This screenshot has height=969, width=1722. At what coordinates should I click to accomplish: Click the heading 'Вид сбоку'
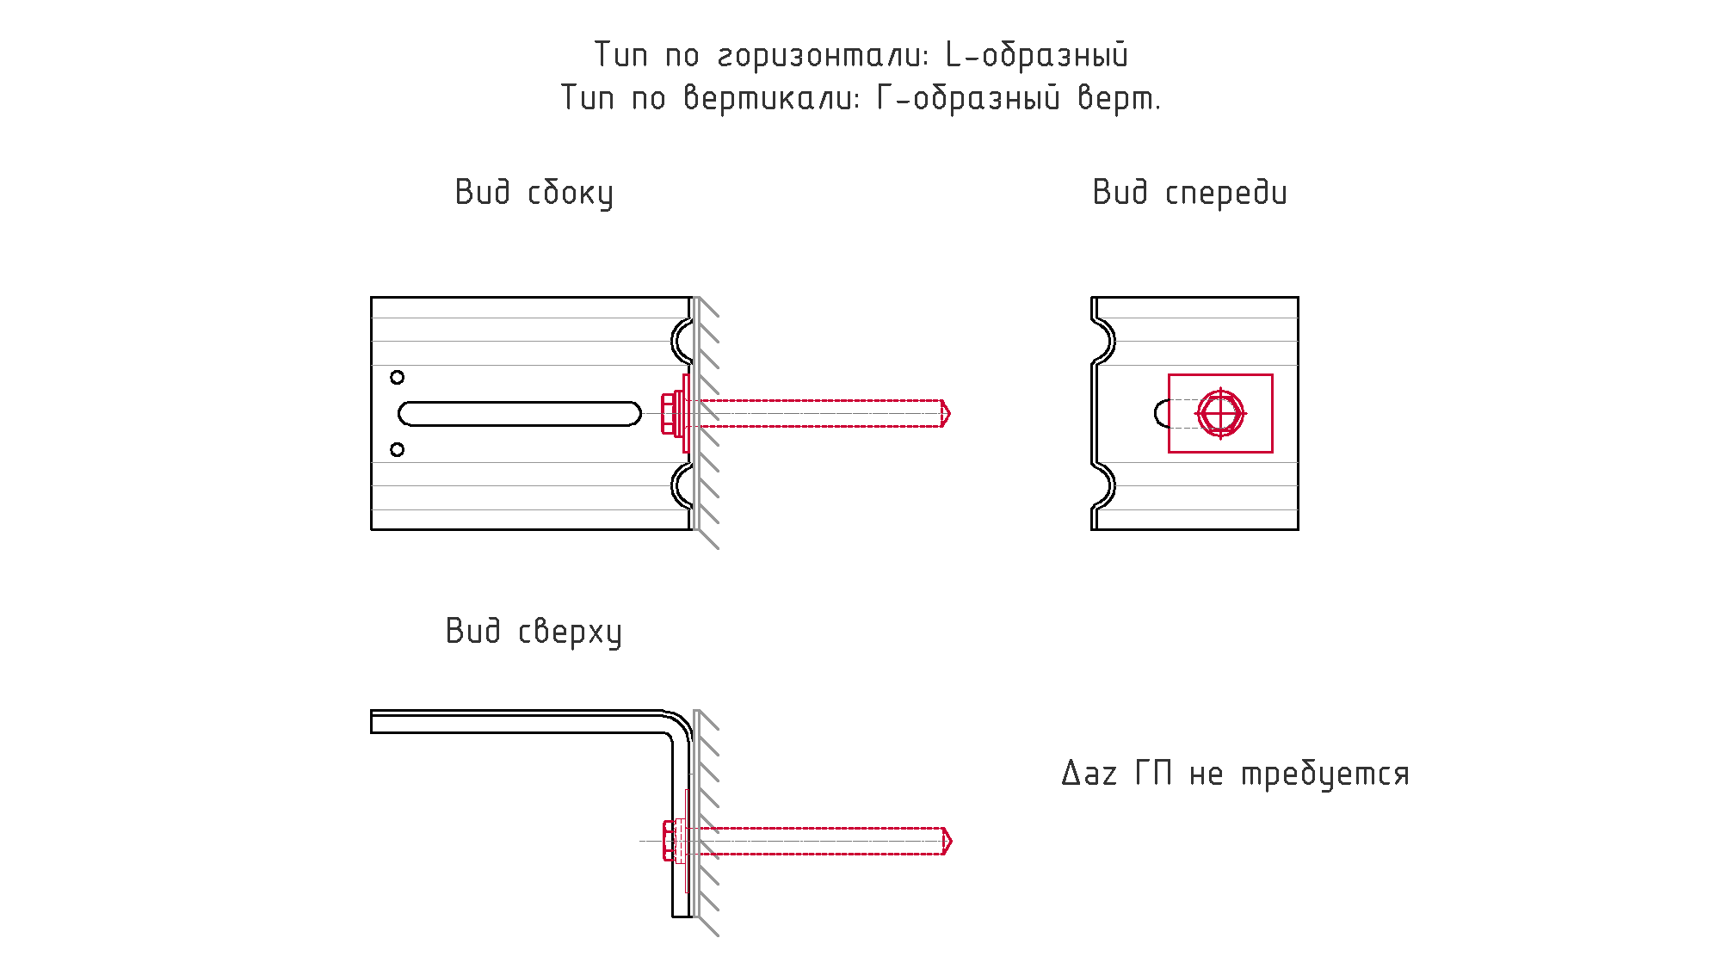(x=534, y=193)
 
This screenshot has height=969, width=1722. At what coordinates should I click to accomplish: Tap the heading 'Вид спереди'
(x=1189, y=193)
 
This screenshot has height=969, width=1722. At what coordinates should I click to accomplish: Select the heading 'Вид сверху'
(x=534, y=632)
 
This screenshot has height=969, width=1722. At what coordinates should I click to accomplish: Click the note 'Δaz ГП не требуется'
(x=1236, y=774)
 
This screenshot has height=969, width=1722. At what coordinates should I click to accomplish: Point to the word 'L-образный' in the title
(x=1037, y=55)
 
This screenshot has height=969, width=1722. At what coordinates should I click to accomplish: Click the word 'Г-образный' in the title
(x=969, y=98)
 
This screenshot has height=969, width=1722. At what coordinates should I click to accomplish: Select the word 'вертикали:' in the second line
(x=772, y=98)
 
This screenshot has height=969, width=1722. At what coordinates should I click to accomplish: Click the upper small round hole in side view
(x=397, y=377)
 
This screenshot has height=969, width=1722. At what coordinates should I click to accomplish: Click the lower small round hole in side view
(x=397, y=449)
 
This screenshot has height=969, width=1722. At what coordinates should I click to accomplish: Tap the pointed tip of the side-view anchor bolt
(x=949, y=413)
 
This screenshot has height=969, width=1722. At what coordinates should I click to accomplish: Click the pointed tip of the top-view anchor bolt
(x=951, y=841)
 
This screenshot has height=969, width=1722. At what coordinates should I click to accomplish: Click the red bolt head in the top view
(x=670, y=841)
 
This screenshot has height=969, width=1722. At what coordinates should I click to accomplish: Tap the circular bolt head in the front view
(x=1220, y=413)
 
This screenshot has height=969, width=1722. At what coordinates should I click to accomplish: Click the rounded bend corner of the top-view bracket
(x=680, y=723)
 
